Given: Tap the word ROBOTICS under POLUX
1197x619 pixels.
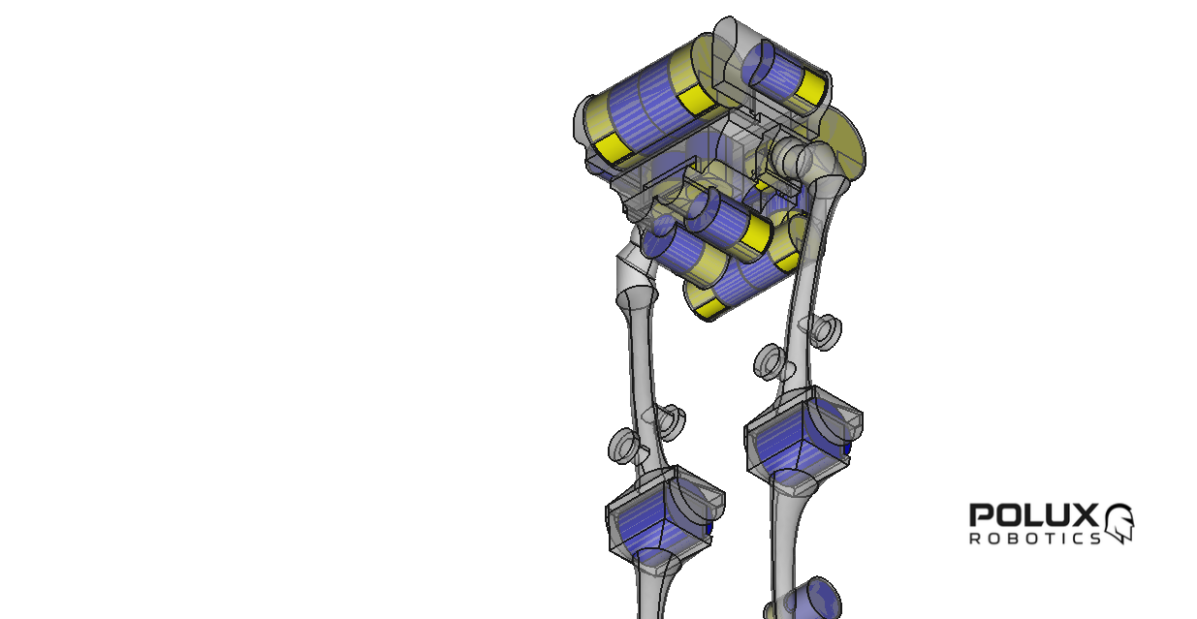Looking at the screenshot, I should tap(1034, 538).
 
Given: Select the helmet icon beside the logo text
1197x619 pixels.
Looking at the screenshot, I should tap(1119, 522).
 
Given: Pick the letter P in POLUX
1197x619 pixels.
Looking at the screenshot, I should tap(981, 515).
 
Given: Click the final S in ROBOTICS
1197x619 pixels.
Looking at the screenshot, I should tap(1095, 538).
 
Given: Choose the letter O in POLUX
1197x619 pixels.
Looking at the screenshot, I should tap(1006, 515).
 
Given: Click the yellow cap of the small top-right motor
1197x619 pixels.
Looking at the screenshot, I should tap(810, 89).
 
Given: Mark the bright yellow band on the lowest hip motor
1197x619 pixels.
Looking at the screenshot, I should tap(711, 309).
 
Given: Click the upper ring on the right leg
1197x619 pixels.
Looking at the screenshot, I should tap(827, 331).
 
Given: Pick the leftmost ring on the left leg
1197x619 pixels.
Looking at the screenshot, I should tap(623, 447).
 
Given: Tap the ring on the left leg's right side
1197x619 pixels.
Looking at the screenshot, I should tap(670, 420).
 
